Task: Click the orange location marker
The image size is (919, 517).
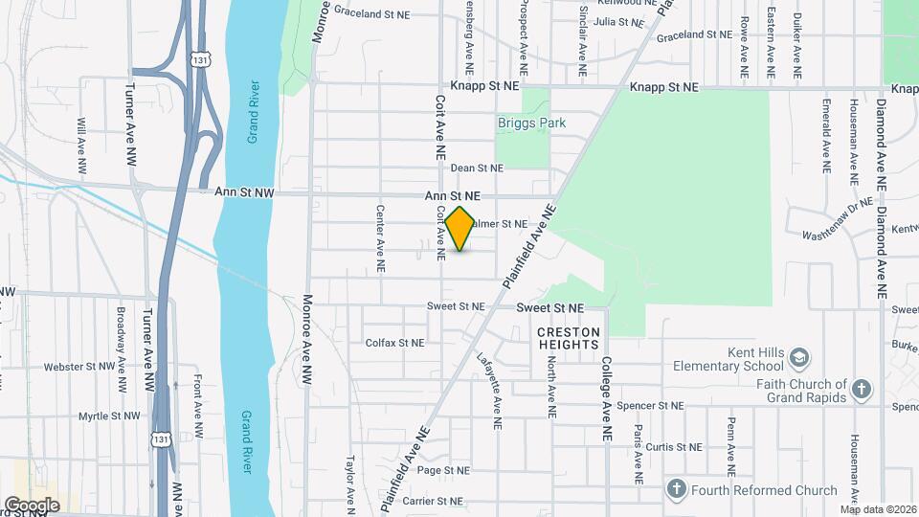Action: (460, 229)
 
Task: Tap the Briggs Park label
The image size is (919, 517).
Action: (531, 123)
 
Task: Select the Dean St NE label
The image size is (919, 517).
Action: (477, 168)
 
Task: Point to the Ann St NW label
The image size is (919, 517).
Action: (244, 192)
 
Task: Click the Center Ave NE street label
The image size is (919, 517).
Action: (380, 235)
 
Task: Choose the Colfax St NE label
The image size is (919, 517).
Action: (394, 342)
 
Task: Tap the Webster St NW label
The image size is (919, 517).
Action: (78, 366)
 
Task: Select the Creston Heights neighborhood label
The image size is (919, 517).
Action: (569, 338)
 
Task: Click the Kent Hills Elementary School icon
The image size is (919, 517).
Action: (798, 359)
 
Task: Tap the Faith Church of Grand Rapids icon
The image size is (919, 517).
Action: (862, 390)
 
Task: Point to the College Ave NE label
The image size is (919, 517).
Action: (606, 399)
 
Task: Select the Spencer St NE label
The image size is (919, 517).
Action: (650, 406)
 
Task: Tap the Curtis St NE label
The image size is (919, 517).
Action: (674, 447)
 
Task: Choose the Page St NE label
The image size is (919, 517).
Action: (443, 470)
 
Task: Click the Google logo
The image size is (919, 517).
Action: (33, 505)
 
